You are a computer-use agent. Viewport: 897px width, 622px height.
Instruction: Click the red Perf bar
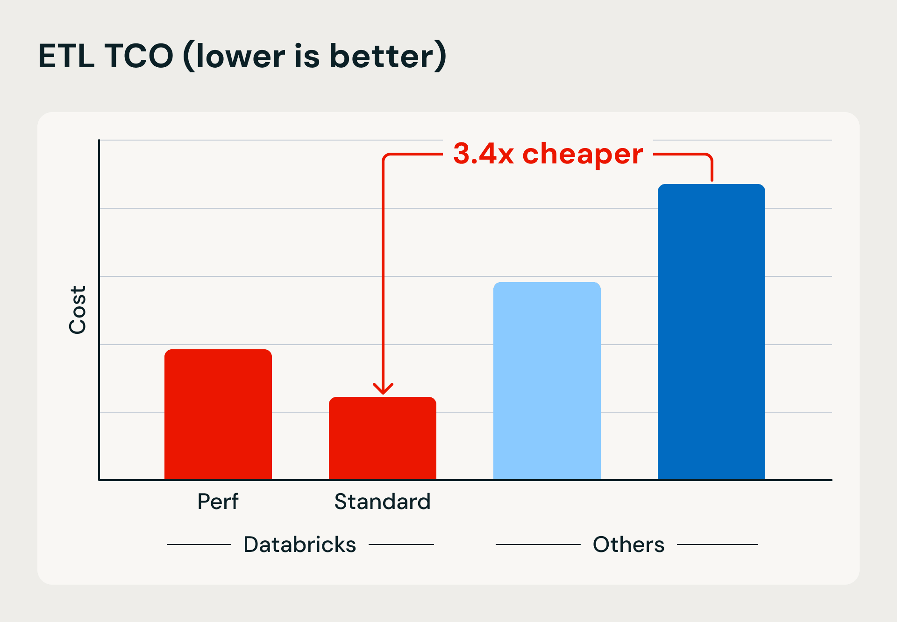[x=218, y=414]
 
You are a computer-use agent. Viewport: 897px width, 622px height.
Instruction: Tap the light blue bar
[x=547, y=381]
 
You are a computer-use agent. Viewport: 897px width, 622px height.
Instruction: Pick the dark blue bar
[x=711, y=332]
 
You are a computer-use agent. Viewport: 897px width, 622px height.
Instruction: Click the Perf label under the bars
[x=218, y=502]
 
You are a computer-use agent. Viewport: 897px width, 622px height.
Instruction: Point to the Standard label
[x=382, y=502]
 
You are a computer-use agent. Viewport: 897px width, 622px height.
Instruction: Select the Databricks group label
[x=299, y=544]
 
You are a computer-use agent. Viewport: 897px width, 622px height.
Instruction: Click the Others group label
[x=628, y=544]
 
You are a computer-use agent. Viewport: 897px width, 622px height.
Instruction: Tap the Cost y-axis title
[x=78, y=310]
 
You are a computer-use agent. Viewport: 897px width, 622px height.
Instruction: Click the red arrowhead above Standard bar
[x=383, y=389]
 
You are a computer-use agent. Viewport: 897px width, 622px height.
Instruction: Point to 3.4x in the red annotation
[x=484, y=154]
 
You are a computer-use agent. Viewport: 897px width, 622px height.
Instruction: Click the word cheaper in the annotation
[x=583, y=155]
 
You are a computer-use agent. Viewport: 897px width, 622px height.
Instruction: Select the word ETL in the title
[x=66, y=56]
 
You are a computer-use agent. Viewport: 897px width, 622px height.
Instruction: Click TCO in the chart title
[x=139, y=56]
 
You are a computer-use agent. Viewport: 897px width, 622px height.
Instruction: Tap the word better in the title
[x=382, y=56]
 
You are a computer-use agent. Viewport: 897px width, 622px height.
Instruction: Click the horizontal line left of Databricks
[x=199, y=544]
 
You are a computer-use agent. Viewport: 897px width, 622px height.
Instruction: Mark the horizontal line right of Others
[x=717, y=544]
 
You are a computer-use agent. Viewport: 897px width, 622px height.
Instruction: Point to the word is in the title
[x=307, y=56]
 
